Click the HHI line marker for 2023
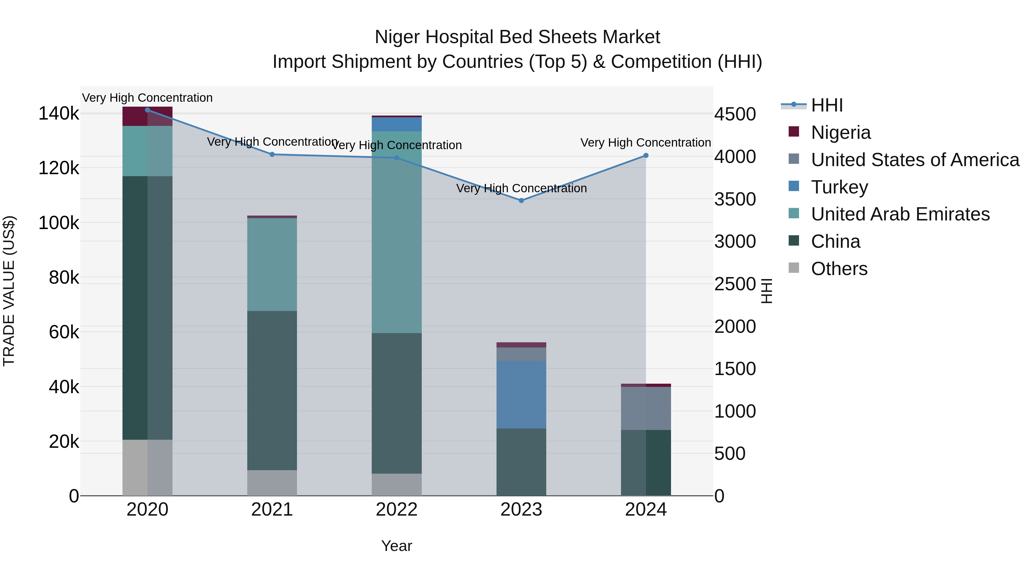pos(521,200)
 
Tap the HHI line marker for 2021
pos(272,154)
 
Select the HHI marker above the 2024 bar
pos(646,155)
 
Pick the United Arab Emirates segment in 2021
pos(272,264)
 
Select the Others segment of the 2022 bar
pos(396,484)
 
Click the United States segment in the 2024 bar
pos(646,408)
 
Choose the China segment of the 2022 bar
pos(396,403)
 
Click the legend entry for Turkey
pos(839,187)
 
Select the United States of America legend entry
pos(915,160)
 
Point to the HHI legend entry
pos(827,105)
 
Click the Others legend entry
pos(839,269)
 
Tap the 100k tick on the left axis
pos(59,223)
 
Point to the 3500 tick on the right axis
pos(735,199)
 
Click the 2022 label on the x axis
pos(396,510)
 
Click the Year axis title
pos(396,546)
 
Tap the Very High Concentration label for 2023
pos(521,188)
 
